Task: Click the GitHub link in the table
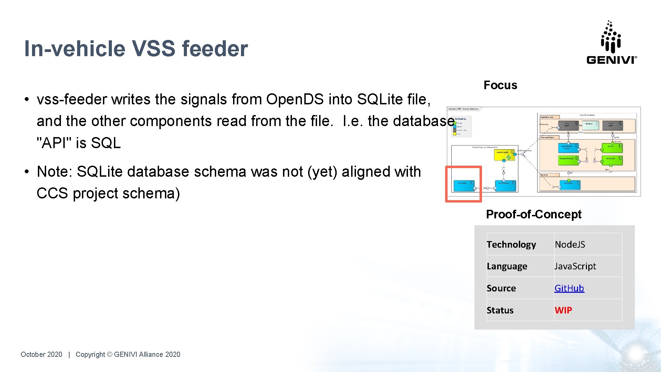tap(569, 288)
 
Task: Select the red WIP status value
tap(563, 310)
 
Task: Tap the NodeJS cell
tap(570, 244)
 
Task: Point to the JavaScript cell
tap(575, 266)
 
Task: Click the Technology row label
tap(511, 244)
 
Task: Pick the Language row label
tap(507, 266)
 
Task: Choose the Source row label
tap(501, 288)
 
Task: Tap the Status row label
tap(500, 310)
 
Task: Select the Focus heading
tap(500, 85)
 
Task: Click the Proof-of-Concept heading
tap(534, 214)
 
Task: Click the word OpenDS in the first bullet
tap(295, 99)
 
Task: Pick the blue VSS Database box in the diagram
tap(505, 185)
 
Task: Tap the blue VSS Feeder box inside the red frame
tap(463, 185)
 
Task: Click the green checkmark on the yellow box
tap(508, 157)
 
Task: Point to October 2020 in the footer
tap(41, 354)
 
